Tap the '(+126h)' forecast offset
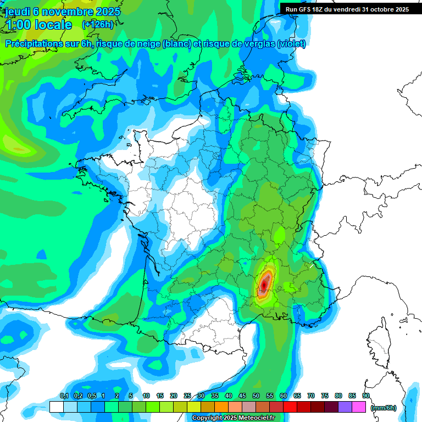[x=97, y=25]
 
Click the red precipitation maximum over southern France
[x=265, y=284]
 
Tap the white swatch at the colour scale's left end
[x=56, y=407]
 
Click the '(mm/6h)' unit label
[x=384, y=407]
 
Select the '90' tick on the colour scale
[x=366, y=396]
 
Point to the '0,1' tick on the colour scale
[x=64, y=396]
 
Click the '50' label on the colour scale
[x=256, y=396]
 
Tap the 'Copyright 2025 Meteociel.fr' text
[x=233, y=418]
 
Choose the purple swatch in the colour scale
[x=345, y=407]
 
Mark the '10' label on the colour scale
[x=146, y=396]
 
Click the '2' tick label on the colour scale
[x=117, y=396]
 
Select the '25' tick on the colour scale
[x=187, y=396]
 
